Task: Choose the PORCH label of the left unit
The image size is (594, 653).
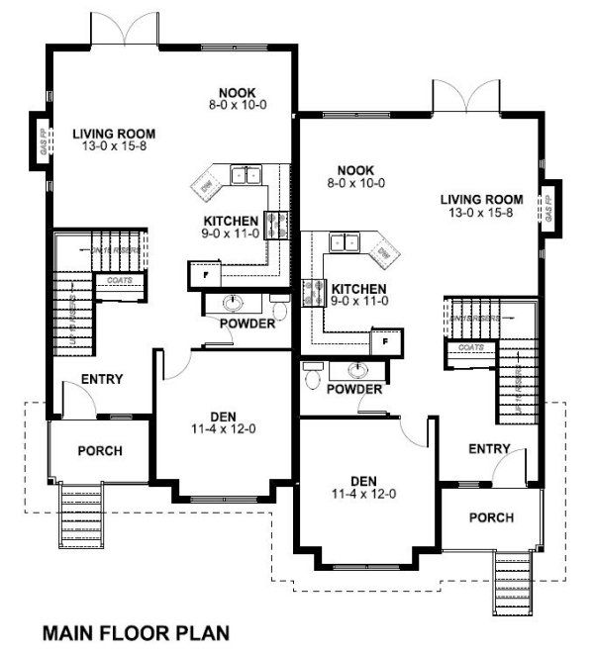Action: [x=99, y=451]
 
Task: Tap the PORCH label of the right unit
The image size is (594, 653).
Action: [x=491, y=517]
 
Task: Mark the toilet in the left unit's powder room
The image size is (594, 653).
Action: [x=280, y=310]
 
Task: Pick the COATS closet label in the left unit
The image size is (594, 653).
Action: [x=122, y=280]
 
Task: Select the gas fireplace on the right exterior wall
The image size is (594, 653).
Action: [x=550, y=210]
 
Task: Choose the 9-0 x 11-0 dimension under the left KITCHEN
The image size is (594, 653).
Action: [x=232, y=233]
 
